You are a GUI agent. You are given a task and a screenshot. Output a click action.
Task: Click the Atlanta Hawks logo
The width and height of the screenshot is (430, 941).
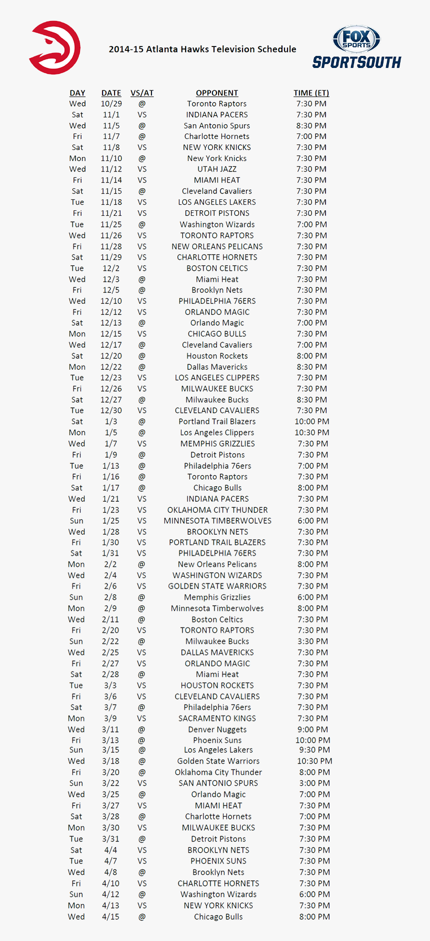coord(55,48)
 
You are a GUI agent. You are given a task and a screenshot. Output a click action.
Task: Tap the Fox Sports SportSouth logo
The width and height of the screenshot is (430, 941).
coord(356,48)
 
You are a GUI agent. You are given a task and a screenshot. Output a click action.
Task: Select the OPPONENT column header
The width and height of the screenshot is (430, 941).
coord(217,93)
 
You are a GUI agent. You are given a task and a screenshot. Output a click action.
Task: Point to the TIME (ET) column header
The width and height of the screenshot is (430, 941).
coord(311,93)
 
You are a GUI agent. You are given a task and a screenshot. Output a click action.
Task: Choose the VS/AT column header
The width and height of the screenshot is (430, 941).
coord(142,93)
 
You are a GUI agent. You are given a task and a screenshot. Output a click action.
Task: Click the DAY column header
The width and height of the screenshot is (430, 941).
coord(77,93)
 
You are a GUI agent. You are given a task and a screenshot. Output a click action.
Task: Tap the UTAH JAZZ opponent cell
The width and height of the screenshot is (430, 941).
coord(217,169)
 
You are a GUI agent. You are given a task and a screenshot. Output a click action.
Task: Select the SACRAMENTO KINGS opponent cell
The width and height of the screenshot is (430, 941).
coord(217,718)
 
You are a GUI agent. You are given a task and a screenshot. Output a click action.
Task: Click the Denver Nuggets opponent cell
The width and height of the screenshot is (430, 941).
coord(217,729)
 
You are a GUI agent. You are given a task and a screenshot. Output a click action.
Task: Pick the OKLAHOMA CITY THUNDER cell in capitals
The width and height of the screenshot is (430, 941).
coord(217,510)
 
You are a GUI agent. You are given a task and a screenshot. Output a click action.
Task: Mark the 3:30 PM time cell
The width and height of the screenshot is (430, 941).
coord(313,641)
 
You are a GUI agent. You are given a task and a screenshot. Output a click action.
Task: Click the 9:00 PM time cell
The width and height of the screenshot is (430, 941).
coord(313,729)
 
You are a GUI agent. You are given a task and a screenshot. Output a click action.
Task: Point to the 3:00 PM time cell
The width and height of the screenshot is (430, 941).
coord(314,783)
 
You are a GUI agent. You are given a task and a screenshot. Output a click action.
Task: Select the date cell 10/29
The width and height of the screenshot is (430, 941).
coord(111,103)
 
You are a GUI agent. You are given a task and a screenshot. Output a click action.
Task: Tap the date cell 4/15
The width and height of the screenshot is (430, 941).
coord(110,917)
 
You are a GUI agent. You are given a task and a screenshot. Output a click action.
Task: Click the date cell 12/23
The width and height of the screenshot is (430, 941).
coord(110,378)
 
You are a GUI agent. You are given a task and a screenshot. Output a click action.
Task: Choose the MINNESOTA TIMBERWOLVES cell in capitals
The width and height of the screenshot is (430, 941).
coord(217,521)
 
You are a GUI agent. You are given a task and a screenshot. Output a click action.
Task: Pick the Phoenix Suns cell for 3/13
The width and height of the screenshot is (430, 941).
coord(217,740)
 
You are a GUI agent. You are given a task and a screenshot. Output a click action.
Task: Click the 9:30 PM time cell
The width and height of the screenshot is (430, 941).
coord(314,750)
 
